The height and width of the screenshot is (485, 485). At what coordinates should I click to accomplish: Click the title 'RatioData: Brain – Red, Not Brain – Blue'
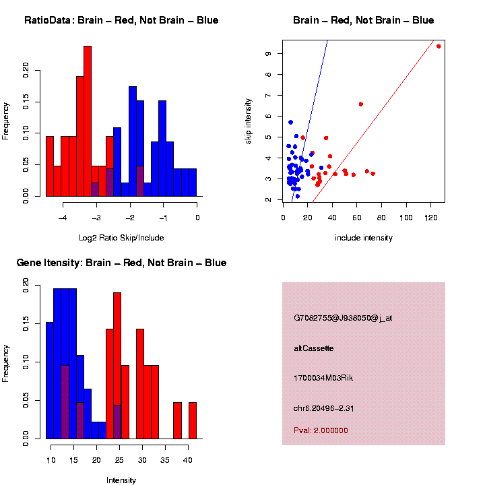click(x=121, y=20)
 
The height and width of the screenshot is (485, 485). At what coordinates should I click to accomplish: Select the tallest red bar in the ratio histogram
click(x=88, y=121)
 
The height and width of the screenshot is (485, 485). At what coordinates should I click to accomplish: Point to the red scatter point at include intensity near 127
click(x=439, y=46)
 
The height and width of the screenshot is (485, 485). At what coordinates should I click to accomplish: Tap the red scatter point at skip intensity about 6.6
click(x=361, y=104)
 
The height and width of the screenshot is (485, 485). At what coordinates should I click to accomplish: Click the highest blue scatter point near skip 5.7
click(x=290, y=122)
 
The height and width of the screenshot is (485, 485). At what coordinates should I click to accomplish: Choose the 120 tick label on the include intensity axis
click(x=430, y=218)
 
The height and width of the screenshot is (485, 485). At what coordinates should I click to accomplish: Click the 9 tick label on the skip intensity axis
click(x=268, y=53)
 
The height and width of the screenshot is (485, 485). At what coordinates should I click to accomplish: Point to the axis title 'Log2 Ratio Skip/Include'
click(x=121, y=237)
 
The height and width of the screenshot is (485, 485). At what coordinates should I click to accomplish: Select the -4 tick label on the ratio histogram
click(x=63, y=218)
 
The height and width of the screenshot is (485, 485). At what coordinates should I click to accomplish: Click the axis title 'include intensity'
click(x=363, y=237)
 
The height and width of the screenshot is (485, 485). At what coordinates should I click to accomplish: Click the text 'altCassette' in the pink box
click(x=314, y=348)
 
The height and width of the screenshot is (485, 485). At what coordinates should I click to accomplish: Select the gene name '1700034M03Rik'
click(x=323, y=378)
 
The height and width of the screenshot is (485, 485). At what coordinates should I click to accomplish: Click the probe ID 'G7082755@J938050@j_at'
click(x=343, y=318)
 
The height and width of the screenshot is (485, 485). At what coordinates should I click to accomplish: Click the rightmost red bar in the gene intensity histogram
click(x=193, y=420)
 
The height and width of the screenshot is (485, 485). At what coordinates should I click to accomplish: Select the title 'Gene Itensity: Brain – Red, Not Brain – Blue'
click(x=121, y=263)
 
